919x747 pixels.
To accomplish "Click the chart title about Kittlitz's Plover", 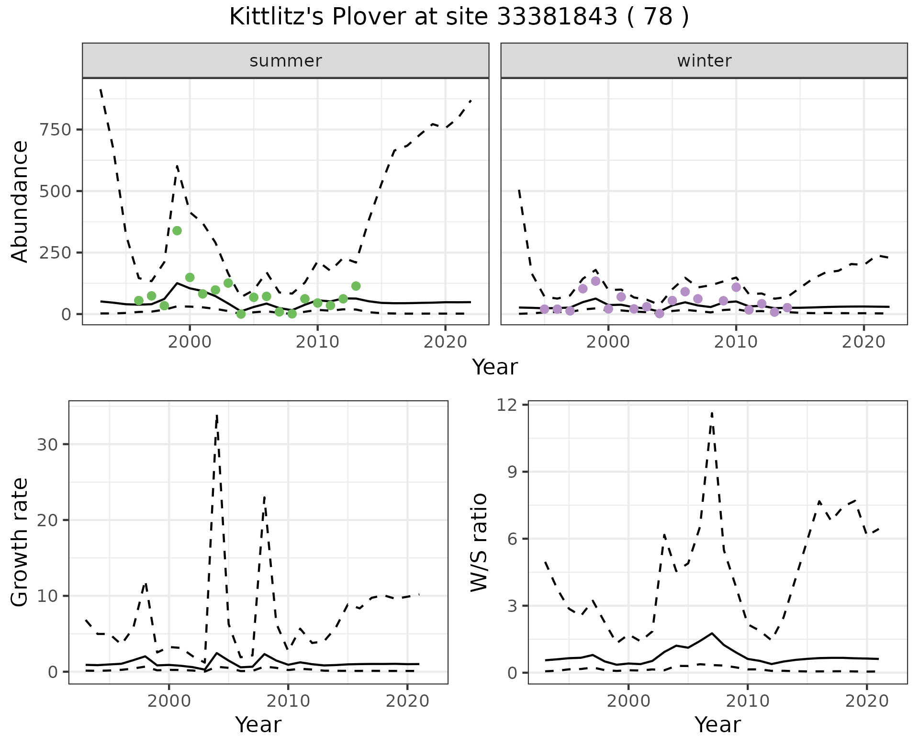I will click(459, 17).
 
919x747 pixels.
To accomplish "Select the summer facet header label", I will click(285, 61).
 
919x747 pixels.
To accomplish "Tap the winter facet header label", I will click(704, 61).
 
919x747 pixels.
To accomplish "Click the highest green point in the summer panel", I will click(177, 231).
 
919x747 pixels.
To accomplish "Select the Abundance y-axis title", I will click(20, 201).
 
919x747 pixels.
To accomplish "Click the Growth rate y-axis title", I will click(20, 542).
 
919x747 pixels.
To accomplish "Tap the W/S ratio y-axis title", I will click(479, 542).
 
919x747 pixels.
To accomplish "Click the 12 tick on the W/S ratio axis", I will click(509, 405).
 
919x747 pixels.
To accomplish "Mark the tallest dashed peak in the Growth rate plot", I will click(217, 416).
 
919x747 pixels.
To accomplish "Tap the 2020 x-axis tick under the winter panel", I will click(863, 343).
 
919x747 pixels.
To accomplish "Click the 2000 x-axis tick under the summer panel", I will click(190, 343).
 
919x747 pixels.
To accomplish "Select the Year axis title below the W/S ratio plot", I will click(717, 725).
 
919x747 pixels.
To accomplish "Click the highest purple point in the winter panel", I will click(595, 281).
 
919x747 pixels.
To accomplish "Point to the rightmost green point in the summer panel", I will click(356, 286).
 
